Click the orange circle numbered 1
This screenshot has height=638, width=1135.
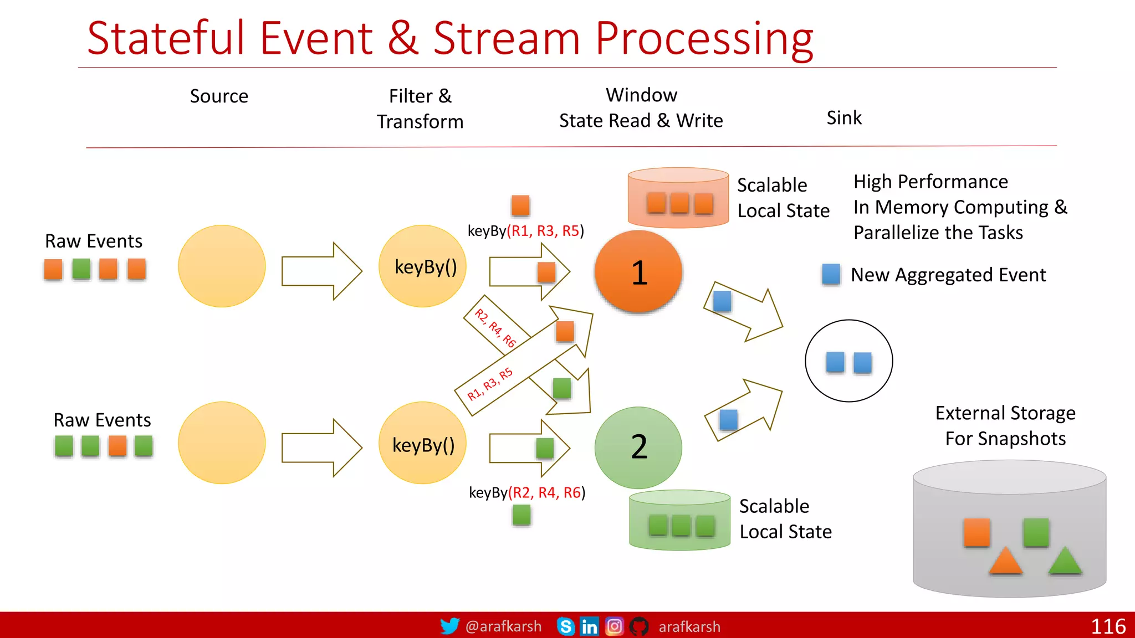pos(638,271)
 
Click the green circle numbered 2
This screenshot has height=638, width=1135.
pos(638,447)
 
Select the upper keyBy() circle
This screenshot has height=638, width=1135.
pos(423,266)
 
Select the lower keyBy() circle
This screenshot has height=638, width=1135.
pos(423,443)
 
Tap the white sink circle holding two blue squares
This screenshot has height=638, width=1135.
pos(848,361)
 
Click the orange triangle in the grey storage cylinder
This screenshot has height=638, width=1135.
pos(1005,560)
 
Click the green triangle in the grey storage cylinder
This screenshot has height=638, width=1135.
pos(1065,560)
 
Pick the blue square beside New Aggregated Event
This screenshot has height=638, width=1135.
pos(831,274)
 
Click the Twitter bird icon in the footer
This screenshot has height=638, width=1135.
pos(449,626)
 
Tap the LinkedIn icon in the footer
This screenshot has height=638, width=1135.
pos(589,626)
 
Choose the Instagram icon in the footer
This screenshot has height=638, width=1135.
pos(614,626)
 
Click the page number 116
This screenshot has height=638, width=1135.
pos(1108,626)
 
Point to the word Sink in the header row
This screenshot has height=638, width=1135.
pos(844,117)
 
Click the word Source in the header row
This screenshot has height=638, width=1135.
pos(219,96)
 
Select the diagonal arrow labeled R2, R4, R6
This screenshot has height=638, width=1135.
pos(499,327)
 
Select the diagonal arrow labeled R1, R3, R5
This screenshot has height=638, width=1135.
pos(499,382)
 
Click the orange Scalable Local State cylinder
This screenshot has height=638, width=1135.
pos(678,198)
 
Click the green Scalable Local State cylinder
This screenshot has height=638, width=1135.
pos(679,520)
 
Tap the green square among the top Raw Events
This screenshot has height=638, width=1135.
pos(81,269)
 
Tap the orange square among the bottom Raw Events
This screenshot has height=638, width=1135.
pos(117,446)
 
